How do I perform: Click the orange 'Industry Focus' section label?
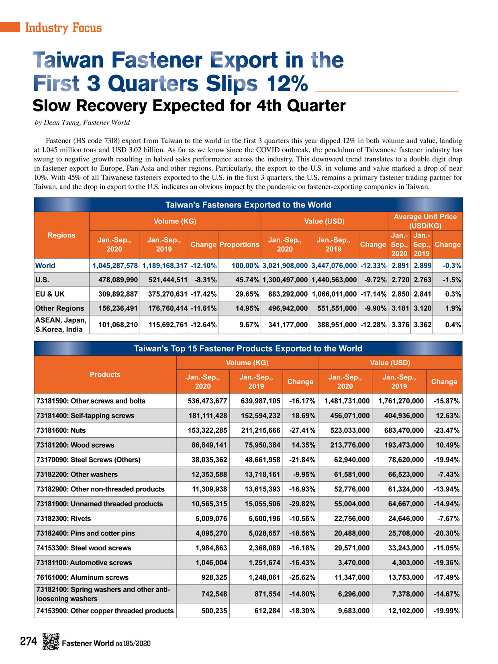point(63,28)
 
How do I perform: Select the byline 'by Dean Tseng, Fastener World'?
point(82,122)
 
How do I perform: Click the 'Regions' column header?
point(61,235)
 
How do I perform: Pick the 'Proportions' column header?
point(239,244)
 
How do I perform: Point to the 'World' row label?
point(45,265)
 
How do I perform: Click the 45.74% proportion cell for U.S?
point(247,280)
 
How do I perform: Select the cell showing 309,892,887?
point(118,294)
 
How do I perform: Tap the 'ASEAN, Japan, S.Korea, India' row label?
point(61,325)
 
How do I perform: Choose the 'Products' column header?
point(105,375)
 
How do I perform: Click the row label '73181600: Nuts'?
point(61,430)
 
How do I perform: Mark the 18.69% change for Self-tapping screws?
point(304,416)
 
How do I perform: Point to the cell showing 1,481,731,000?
point(347,401)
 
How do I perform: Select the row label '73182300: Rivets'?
point(63,519)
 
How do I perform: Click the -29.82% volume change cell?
point(302,504)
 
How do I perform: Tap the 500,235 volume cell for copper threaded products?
point(214,611)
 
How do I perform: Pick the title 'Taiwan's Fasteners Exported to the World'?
point(248,205)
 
